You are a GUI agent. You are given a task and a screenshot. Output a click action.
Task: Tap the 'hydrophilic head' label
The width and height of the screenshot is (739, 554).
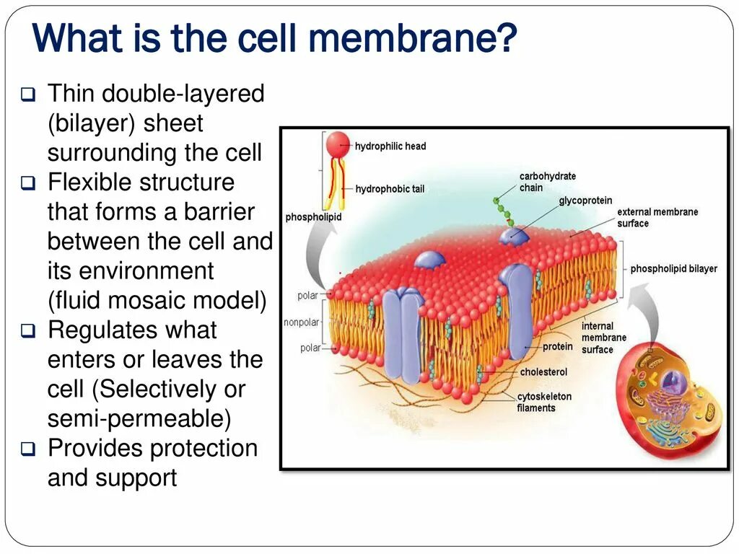tap(390, 146)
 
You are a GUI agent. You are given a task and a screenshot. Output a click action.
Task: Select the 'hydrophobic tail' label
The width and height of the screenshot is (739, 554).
tap(390, 189)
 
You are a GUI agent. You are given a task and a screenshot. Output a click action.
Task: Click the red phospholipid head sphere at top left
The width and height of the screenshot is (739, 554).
tap(337, 144)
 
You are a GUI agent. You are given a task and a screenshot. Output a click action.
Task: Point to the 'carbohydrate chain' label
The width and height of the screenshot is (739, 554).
tap(547, 182)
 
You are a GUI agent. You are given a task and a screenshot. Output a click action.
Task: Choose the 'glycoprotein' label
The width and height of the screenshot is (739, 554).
tap(585, 201)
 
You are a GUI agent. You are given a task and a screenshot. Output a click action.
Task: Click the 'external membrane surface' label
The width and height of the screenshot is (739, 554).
tap(657, 217)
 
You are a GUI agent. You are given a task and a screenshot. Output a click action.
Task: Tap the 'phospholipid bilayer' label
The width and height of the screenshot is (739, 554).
tap(673, 268)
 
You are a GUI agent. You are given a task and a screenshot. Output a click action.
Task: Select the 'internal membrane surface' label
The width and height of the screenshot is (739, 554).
tap(603, 338)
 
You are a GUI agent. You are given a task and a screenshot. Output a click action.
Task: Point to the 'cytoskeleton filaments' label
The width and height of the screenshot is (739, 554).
tap(543, 402)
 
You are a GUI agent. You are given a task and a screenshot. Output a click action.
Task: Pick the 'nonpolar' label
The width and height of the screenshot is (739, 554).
tap(302, 322)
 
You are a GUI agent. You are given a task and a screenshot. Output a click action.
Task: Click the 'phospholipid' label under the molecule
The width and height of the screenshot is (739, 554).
tap(313, 217)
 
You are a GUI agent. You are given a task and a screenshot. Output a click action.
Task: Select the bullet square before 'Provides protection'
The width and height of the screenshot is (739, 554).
tap(28, 450)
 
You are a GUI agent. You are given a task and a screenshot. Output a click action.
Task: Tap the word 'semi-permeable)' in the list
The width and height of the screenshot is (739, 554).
tap(139, 418)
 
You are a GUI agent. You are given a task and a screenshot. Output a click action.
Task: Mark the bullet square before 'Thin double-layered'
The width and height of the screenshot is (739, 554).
tap(28, 94)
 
